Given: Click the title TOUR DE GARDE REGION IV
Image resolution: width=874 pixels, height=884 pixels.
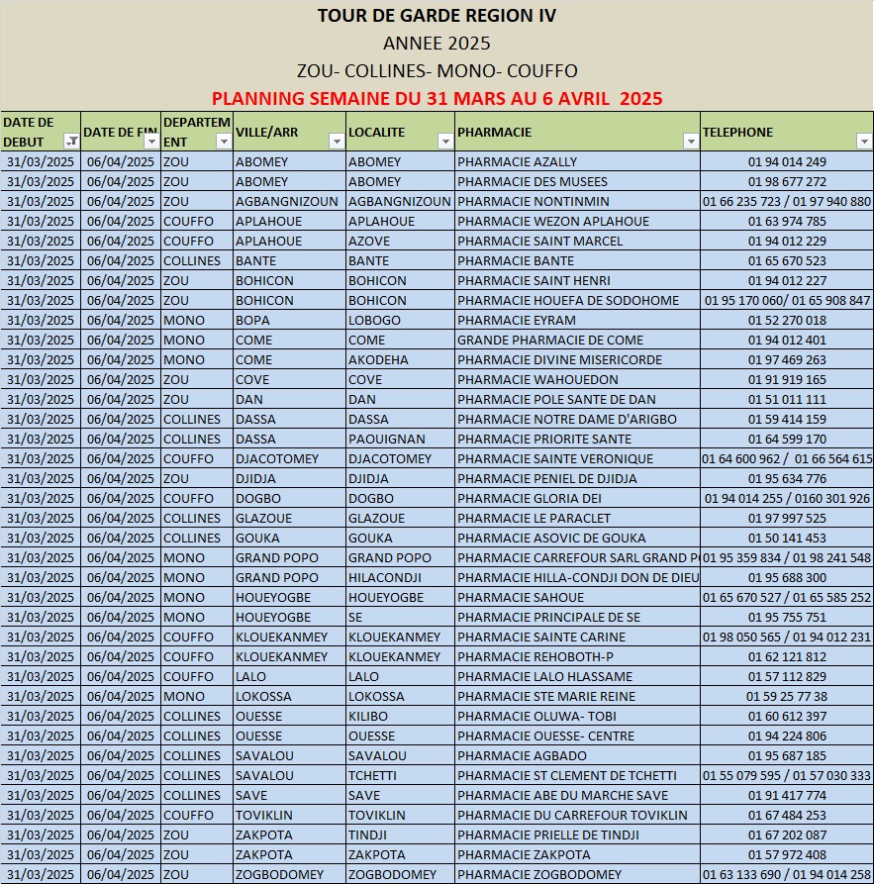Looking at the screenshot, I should [x=437, y=16].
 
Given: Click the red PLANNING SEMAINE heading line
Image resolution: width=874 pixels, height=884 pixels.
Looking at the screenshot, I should [x=437, y=99].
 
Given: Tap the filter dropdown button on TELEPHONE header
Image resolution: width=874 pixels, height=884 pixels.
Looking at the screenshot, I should [x=863, y=142].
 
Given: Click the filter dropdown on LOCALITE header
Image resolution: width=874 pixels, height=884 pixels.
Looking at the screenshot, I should [x=444, y=142].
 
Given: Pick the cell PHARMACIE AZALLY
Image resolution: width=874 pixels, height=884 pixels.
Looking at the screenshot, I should [x=517, y=162].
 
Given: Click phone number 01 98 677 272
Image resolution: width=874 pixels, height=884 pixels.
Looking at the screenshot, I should [x=787, y=182].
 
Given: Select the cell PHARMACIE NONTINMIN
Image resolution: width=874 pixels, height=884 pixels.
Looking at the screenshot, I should [x=534, y=202].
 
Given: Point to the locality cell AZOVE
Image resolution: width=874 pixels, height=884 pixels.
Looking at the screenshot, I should [x=369, y=242].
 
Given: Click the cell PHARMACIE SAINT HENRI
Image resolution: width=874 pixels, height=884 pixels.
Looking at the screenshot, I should [x=534, y=281].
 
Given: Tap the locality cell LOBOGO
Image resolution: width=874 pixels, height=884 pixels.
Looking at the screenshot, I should [x=374, y=321].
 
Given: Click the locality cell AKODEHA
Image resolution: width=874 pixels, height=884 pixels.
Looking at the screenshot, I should [x=378, y=360].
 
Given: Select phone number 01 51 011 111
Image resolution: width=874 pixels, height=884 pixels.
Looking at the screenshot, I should [x=787, y=400].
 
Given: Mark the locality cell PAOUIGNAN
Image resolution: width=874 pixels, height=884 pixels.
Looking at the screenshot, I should [x=386, y=440].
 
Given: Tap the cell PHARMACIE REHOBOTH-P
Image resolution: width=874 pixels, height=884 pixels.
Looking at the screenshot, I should [x=535, y=657].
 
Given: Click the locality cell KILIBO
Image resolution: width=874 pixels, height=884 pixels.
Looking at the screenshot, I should [x=368, y=717].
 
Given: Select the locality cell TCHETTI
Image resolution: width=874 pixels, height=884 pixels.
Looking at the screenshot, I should [x=371, y=776].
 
